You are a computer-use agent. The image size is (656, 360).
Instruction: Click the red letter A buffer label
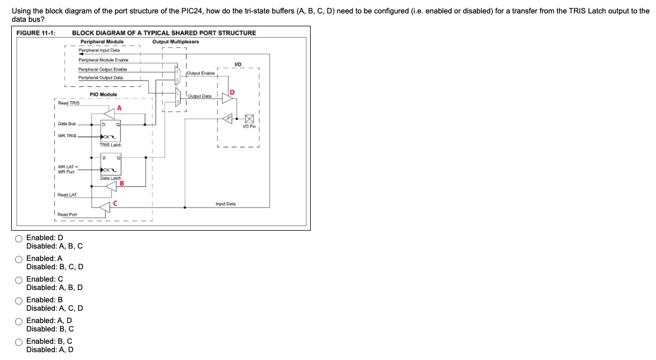click(x=119, y=107)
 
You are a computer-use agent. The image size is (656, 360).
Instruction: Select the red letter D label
click(x=232, y=91)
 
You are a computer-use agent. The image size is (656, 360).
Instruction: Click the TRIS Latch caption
click(x=110, y=145)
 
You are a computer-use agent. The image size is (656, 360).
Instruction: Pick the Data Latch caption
click(x=110, y=177)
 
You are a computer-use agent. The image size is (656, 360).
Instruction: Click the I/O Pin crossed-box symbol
click(x=249, y=119)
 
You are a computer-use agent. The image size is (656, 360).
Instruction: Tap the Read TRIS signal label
click(x=69, y=103)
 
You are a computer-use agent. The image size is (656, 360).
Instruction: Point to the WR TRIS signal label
click(x=67, y=135)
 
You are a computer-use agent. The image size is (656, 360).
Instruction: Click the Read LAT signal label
click(x=68, y=195)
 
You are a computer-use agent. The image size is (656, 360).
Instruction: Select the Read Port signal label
click(x=67, y=214)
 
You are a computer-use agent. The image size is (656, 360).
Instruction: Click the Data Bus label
click(x=67, y=123)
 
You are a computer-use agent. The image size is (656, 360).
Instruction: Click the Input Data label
click(x=226, y=204)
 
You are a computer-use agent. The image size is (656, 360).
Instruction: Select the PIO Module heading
click(x=104, y=95)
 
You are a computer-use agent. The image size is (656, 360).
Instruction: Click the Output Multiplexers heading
click(x=175, y=41)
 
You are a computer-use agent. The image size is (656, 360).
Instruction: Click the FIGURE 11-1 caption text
click(x=36, y=33)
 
